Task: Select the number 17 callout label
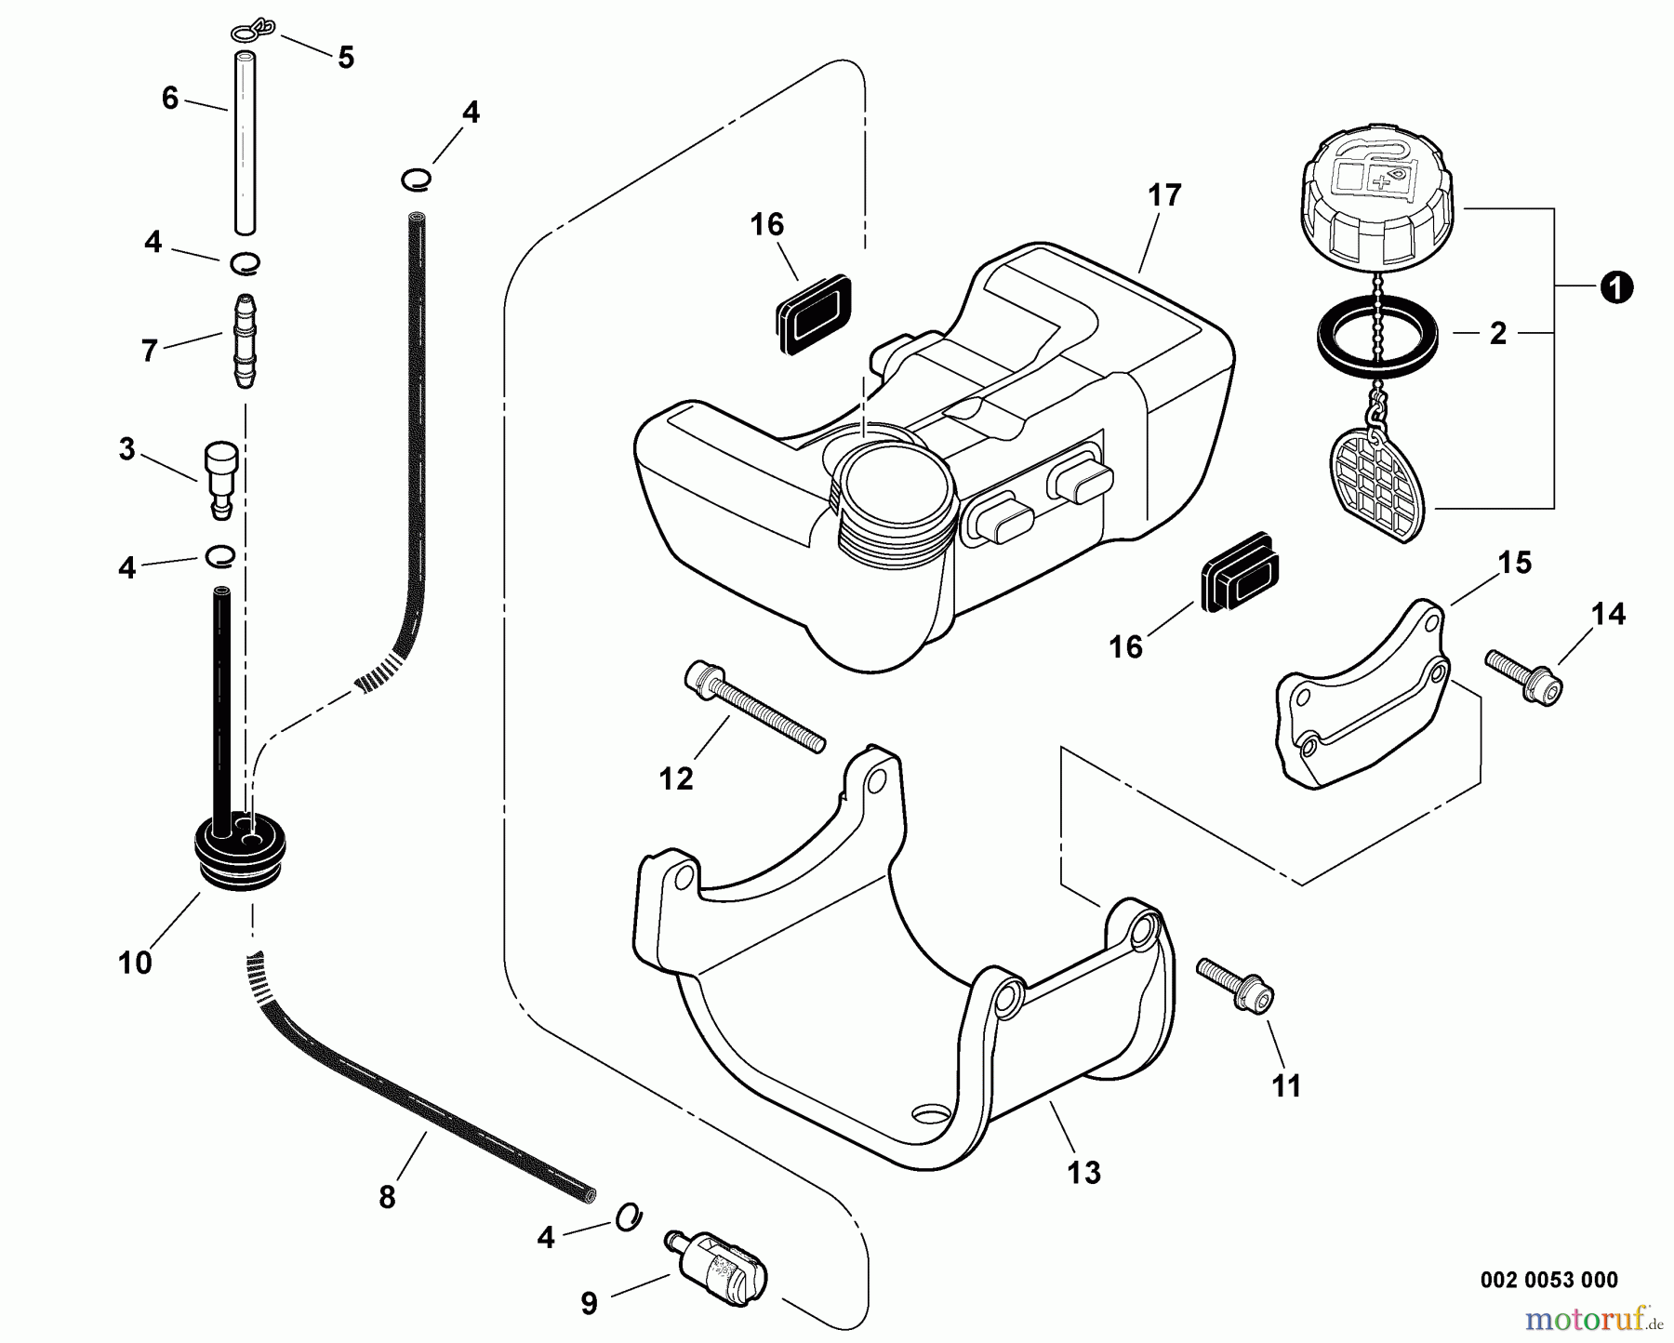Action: pyautogui.click(x=1163, y=196)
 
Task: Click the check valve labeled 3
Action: pyautogui.click(x=221, y=479)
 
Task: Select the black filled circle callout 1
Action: pyautogui.click(x=1617, y=288)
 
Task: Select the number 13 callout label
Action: pyautogui.click(x=1084, y=1173)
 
